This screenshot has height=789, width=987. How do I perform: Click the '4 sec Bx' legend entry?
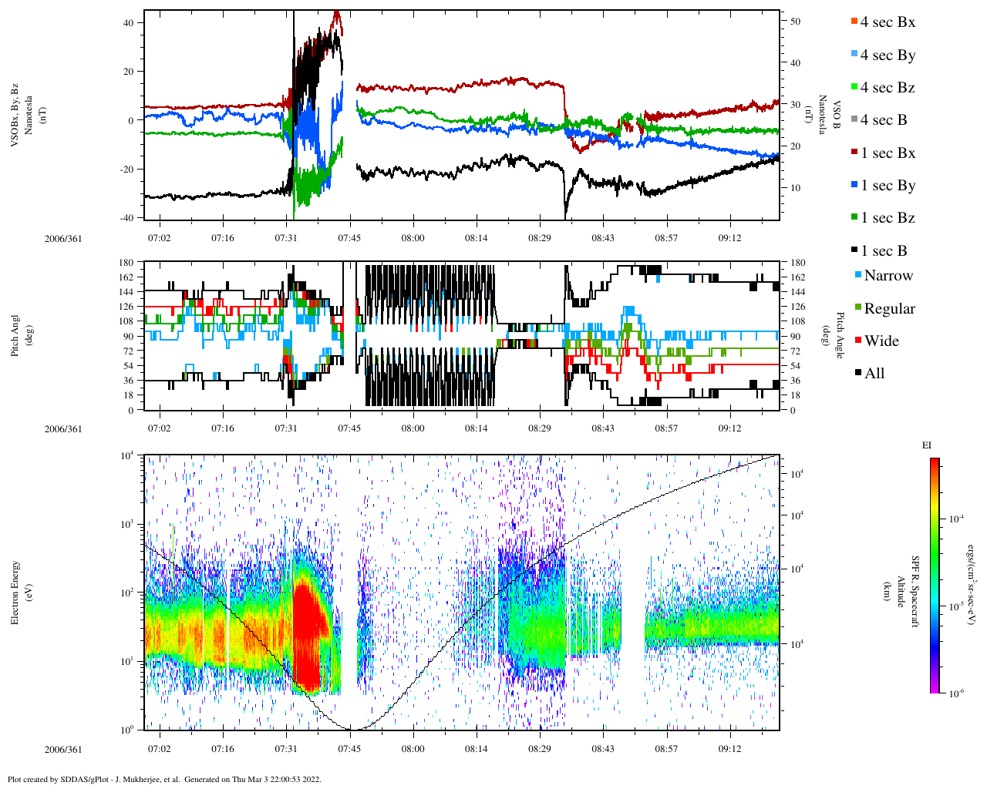(887, 22)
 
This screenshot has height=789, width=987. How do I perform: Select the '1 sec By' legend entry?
(887, 186)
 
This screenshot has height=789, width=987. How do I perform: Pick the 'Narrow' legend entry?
(888, 276)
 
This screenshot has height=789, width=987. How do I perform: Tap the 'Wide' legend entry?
(881, 341)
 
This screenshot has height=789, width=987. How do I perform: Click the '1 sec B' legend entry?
(883, 251)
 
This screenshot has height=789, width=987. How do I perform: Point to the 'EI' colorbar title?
(927, 445)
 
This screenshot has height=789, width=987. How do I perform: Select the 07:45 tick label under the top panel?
(349, 238)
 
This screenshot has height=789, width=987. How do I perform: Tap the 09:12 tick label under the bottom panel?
(729, 749)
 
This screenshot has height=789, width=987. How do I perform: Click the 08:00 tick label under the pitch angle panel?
(413, 428)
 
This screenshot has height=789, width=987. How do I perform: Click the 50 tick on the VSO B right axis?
(795, 22)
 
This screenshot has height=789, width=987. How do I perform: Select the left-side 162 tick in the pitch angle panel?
(127, 277)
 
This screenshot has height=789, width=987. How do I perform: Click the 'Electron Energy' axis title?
(15, 593)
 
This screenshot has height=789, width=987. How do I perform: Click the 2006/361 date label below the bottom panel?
(62, 749)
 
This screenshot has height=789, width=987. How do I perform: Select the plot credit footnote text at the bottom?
(163, 779)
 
